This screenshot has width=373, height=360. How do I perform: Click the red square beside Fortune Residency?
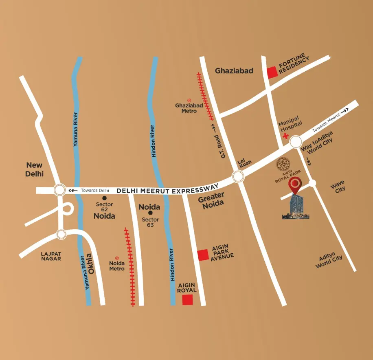272,72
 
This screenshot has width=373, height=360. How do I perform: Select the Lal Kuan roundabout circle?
238,176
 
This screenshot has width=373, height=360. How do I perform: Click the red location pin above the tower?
295,186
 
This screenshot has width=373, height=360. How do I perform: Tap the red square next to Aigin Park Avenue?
203,255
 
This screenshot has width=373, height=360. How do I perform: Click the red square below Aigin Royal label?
187,300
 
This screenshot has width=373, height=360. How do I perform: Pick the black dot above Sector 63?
150,213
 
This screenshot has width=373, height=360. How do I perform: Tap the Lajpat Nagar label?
51,256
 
